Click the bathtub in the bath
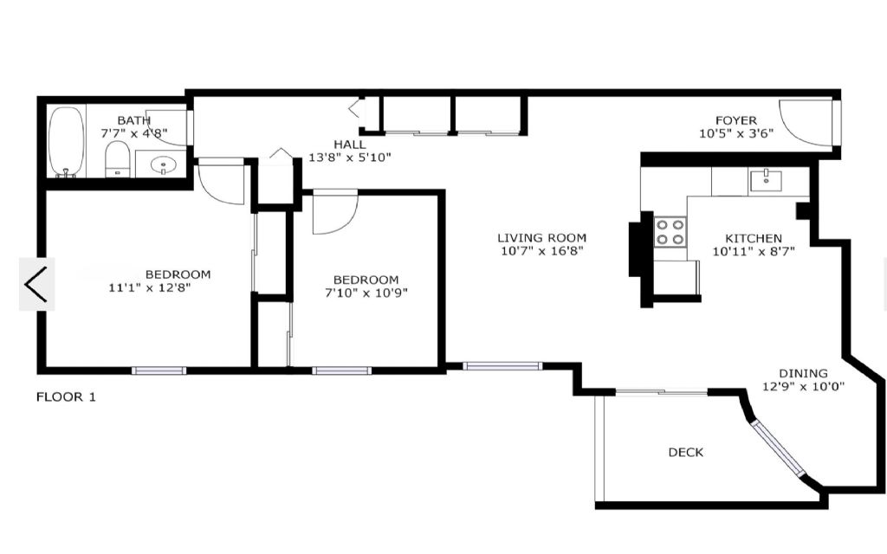pos(66,142)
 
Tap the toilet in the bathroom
pos(118,159)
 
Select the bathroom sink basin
pos(164,165)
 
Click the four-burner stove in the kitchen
pos(670,232)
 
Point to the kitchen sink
pos(766,180)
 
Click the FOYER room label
pos(736,120)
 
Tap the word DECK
pos(686,452)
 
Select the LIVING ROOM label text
pos(541,238)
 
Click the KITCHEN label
pos(754,239)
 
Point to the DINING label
pos(803,373)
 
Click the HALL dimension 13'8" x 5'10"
pos(350,158)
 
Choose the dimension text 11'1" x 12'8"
pos(149,287)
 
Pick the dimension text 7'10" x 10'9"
pos(366,293)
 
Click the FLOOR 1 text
pos(66,396)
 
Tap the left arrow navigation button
pos(36,284)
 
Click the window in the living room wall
pos(502,366)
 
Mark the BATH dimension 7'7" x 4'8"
pos(134,133)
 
